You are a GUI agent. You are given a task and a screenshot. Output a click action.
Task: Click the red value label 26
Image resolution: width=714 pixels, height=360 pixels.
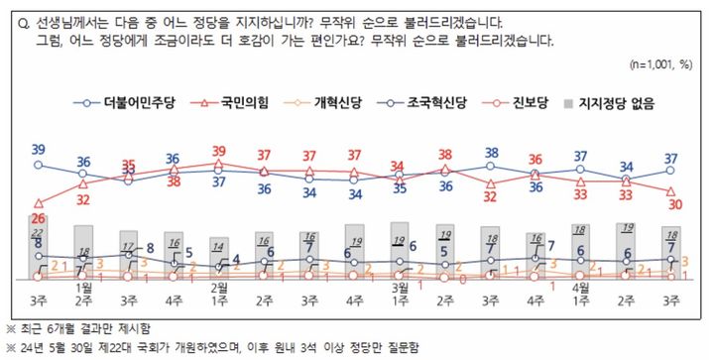click(x=39, y=218)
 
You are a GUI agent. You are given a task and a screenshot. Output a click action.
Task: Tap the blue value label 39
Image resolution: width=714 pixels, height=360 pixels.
click(x=39, y=150)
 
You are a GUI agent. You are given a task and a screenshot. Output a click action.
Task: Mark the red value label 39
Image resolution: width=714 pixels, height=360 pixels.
click(x=219, y=152)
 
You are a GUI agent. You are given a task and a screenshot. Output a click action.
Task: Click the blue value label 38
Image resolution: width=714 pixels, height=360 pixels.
click(x=491, y=153)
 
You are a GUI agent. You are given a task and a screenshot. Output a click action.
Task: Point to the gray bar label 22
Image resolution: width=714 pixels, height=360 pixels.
click(x=39, y=231)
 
